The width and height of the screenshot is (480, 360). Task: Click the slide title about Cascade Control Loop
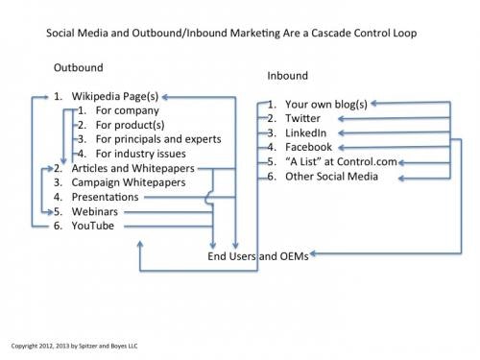231,32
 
